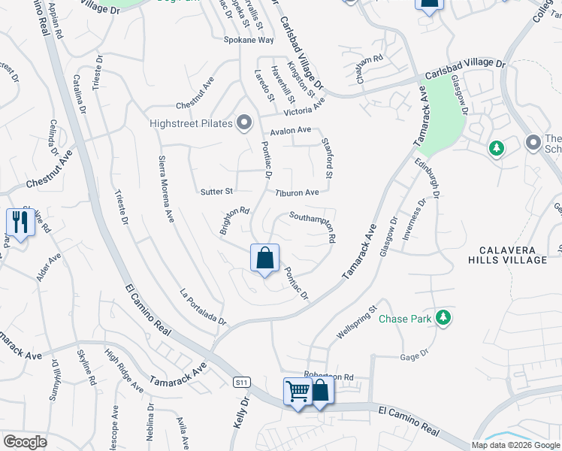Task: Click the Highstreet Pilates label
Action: coord(187,123)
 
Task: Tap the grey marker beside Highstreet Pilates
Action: coord(243,123)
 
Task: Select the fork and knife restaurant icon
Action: coord(18,222)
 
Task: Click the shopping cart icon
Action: coord(298,392)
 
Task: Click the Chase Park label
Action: coord(405,319)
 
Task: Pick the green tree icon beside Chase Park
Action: coord(444,318)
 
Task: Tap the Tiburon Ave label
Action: coord(297,192)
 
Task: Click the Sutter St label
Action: coord(218,192)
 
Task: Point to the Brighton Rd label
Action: coord(234,221)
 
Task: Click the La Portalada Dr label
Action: coord(204,307)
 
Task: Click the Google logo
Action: coord(25,442)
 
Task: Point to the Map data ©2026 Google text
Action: coord(515,444)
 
